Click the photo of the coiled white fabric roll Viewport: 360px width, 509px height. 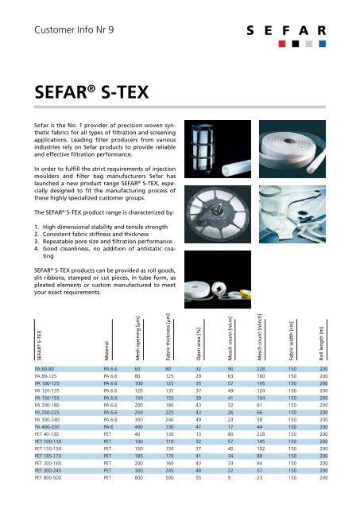291,135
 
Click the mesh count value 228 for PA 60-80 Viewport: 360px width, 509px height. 261,370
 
